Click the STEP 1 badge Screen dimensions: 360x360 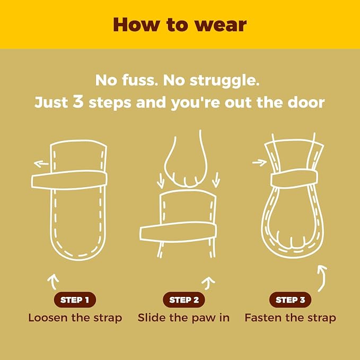click(75, 300)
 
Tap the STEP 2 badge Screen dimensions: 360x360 click(184, 300)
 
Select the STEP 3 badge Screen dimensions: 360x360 click(290, 300)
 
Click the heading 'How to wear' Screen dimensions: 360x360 click(180, 24)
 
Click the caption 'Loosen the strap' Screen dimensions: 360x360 click(75, 318)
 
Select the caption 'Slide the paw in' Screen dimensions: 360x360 click(183, 318)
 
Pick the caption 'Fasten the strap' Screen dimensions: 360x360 click(290, 318)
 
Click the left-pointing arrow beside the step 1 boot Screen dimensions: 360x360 click(41, 164)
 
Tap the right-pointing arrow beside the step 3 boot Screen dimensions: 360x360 click(259, 163)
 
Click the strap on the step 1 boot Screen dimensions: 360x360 click(69, 180)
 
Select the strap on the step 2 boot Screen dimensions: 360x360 click(178, 232)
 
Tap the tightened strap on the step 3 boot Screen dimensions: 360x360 click(294, 179)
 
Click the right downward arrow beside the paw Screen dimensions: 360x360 click(216, 180)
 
